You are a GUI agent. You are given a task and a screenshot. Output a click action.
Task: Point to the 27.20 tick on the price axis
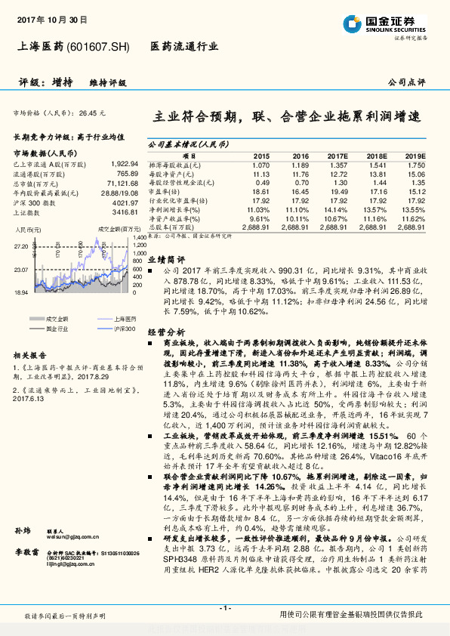pos(20,246)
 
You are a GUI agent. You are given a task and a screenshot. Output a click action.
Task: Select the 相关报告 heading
pos(30,333)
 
